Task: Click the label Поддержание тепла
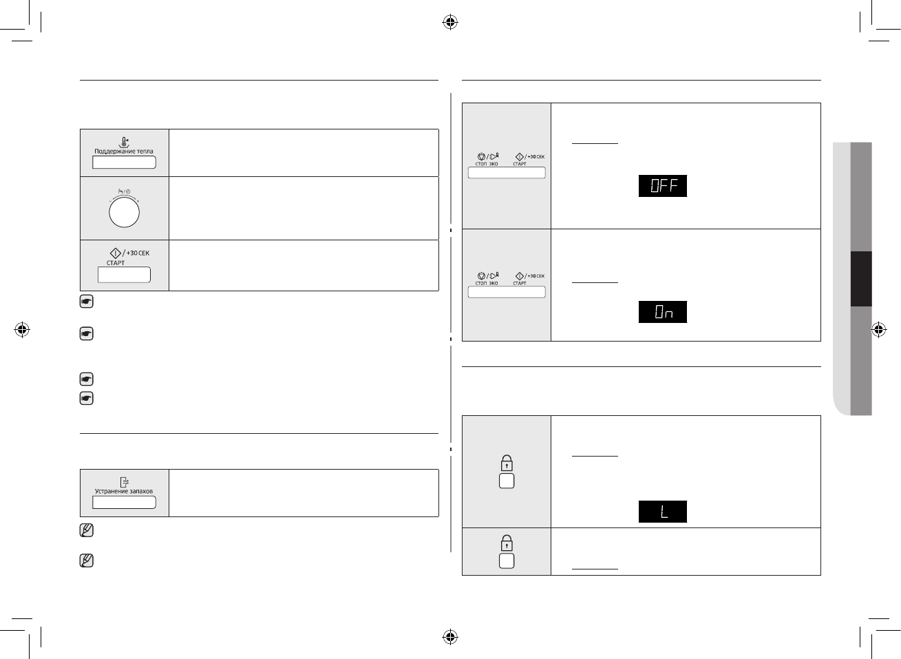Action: [124, 151]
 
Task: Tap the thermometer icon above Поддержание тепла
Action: [124, 142]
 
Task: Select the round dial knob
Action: [124, 213]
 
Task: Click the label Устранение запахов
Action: [124, 492]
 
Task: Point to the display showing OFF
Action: [663, 186]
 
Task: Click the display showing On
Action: [663, 312]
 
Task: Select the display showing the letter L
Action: [663, 512]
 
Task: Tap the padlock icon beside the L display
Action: [507, 463]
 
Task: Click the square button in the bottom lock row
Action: [507, 561]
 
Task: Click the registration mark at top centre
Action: [449, 23]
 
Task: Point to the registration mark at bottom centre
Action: [449, 636]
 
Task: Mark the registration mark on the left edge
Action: [22, 330]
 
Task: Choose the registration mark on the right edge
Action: [878, 330]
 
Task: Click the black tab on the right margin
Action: [861, 279]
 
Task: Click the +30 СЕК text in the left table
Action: [138, 253]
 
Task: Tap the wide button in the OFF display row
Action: [507, 173]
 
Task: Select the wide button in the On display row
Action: [507, 292]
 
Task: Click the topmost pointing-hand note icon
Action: [86, 302]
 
